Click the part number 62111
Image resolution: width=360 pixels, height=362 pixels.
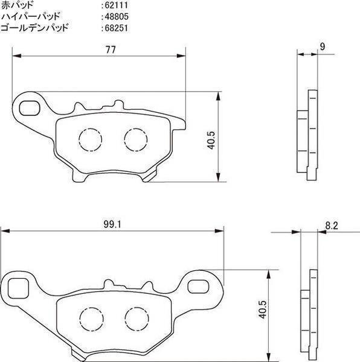coord(116,5)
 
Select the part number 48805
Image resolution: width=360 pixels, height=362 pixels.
coord(117,17)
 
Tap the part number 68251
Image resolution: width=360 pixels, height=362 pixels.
coord(116,28)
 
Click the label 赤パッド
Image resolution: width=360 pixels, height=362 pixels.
coord(17,5)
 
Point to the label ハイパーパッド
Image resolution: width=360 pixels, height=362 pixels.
coord(30,16)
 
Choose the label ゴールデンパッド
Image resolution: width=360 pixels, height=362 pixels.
coord(34,28)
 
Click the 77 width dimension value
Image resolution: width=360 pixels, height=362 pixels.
coord(111,49)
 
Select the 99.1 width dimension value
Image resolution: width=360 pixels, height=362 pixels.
coord(112,224)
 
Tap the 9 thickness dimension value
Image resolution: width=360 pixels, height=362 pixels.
coord(323,47)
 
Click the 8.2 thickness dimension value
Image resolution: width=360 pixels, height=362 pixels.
coord(332,226)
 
